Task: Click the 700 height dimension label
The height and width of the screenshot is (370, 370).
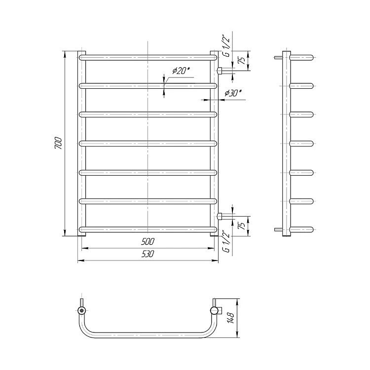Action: tap(58, 143)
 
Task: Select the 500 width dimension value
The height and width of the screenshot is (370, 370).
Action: tap(148, 241)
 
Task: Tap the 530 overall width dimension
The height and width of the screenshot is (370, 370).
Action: tap(148, 254)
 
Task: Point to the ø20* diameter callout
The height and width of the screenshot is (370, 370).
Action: tap(181, 70)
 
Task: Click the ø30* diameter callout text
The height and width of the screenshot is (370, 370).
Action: tap(233, 93)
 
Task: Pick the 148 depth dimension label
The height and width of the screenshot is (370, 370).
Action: tap(231, 318)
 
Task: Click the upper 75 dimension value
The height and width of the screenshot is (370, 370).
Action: tap(242, 61)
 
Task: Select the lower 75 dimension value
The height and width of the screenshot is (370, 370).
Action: tap(242, 226)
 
